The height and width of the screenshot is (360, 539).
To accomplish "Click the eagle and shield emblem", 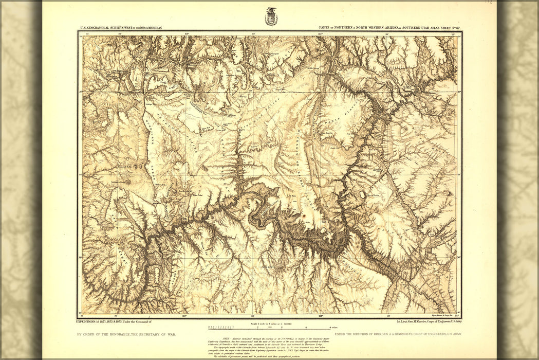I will click(x=271, y=17).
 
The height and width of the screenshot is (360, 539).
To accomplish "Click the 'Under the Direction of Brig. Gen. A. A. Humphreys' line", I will click(x=397, y=334).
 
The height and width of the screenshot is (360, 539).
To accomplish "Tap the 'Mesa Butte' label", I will click(x=373, y=196).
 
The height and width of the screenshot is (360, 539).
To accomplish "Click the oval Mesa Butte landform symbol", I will click(x=371, y=202).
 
